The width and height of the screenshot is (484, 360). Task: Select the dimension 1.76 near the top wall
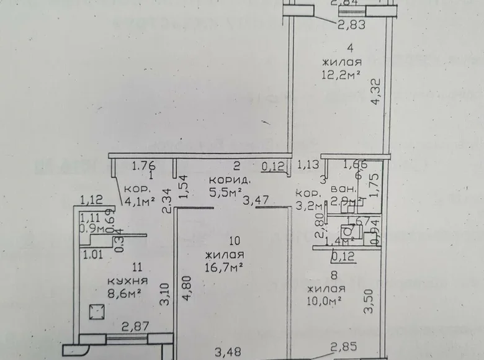click(143, 165)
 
